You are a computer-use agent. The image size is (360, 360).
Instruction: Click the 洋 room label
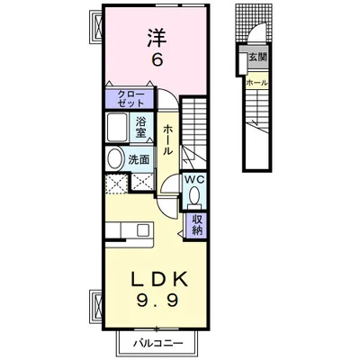coord(157,38)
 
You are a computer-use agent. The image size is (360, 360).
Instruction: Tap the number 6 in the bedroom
coord(157,61)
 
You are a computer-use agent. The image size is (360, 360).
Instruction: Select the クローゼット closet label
coord(130,99)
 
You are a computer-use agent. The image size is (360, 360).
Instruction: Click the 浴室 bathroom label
coord(140,127)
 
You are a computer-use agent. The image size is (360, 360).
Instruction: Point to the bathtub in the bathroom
coord(117,128)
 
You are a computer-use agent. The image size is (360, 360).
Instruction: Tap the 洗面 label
coord(139,159)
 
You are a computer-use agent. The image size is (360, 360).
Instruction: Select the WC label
coord(194,180)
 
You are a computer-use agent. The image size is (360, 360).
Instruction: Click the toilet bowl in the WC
coord(194,195)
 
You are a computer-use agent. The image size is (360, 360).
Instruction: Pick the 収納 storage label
coord(197,225)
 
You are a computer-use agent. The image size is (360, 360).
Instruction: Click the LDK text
coord(160,279)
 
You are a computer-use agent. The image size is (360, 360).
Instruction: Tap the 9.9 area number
coord(158,301)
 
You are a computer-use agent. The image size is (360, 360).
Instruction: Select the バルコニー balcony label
coord(158,343)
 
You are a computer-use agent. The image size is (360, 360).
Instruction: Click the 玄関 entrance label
coord(257,57)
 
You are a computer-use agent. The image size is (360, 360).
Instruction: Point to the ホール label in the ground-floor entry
coord(256,83)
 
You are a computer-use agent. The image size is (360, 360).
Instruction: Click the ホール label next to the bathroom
coord(167,140)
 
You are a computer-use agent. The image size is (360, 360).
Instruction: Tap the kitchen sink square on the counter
coord(143,230)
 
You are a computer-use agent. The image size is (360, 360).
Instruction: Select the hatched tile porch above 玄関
coord(254,22)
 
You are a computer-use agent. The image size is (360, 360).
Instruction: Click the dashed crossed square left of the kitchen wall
coord(117,184)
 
